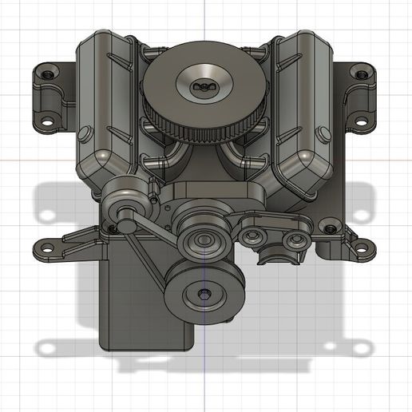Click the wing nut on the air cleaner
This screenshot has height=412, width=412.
click(x=206, y=84)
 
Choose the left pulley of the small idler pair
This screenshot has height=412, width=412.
click(x=256, y=236)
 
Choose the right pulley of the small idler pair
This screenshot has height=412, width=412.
click(x=295, y=238)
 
